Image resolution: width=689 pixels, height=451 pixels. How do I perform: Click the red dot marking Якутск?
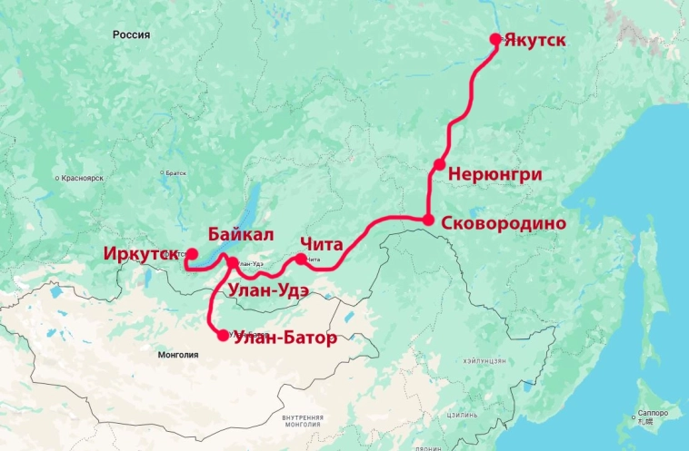(495, 39)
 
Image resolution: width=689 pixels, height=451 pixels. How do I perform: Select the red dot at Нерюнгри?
(439, 164)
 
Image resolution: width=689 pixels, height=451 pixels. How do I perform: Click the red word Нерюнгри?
(497, 174)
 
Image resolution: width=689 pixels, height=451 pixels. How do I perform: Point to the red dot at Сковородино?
(428, 220)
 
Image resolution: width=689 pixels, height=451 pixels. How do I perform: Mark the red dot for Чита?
(301, 259)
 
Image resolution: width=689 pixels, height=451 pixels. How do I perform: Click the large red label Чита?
(321, 244)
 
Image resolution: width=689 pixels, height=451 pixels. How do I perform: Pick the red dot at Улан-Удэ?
(233, 263)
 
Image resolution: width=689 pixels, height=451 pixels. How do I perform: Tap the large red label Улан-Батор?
(285, 338)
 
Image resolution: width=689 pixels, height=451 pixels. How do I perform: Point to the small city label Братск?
(175, 172)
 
